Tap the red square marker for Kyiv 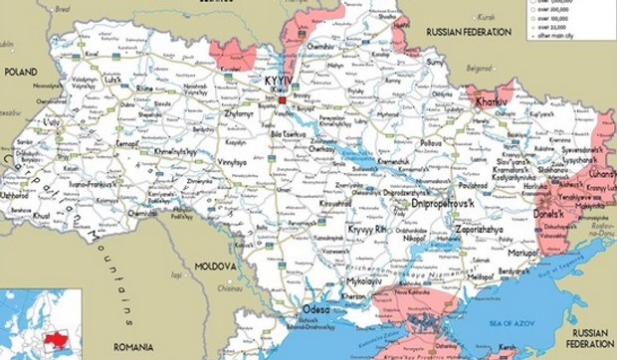click(283, 100)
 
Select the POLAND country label click(20, 72)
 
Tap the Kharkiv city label click(489, 101)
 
